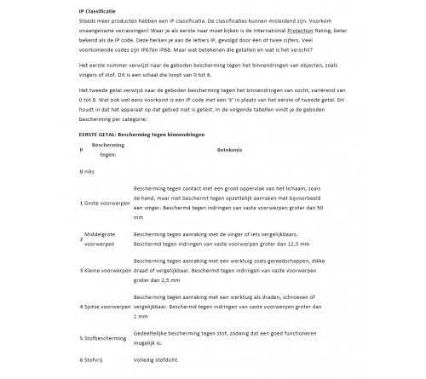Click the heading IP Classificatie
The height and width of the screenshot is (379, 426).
[x=97, y=7]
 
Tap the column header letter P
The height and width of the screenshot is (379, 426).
[x=81, y=150]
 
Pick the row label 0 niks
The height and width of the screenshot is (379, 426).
[x=88, y=171]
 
